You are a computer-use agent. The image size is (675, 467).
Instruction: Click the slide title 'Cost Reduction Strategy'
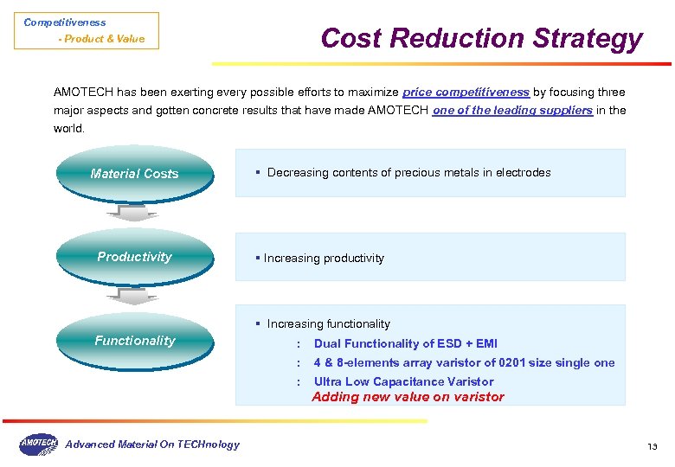click(x=481, y=38)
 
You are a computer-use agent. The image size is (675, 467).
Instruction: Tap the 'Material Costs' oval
click(x=134, y=173)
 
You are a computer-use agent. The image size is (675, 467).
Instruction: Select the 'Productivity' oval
click(x=134, y=257)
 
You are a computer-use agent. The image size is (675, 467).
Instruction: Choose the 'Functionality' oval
click(x=134, y=341)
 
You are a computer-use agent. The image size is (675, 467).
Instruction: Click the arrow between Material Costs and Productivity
click(x=133, y=213)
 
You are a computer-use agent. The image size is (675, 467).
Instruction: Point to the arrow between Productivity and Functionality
click(x=133, y=297)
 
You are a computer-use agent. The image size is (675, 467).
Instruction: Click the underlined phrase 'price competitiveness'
click(x=466, y=92)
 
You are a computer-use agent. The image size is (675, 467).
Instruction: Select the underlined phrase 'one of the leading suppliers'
click(x=512, y=110)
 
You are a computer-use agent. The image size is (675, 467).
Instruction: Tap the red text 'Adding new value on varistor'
click(x=408, y=397)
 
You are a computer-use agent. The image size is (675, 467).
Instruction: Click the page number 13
click(x=652, y=446)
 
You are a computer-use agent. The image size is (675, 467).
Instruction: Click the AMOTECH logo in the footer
click(x=38, y=445)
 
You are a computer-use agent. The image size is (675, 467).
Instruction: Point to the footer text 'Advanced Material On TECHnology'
click(x=152, y=445)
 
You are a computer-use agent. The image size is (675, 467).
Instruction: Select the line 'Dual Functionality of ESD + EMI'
click(x=405, y=343)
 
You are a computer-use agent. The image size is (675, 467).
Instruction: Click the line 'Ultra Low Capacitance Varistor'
click(x=403, y=381)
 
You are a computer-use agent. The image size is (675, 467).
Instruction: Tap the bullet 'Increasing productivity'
click(x=323, y=258)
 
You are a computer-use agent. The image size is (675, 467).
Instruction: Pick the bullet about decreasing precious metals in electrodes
click(x=408, y=172)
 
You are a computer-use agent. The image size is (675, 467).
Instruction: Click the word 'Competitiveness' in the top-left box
click(x=65, y=22)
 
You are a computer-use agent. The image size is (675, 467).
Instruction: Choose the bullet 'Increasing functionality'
click(x=328, y=323)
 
